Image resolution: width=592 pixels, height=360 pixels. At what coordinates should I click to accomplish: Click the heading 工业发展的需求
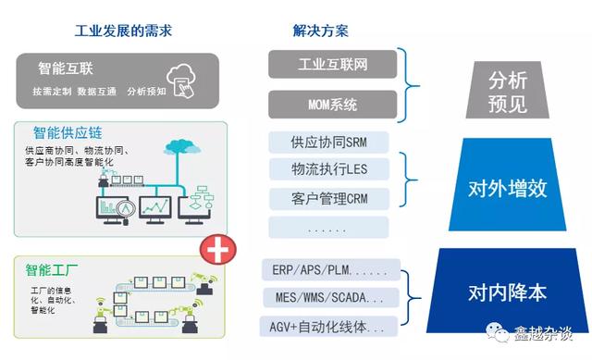pos(123,31)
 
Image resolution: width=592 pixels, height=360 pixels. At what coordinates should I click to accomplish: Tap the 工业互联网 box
pos(333,65)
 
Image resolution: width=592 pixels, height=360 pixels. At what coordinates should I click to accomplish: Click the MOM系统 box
pos(333,104)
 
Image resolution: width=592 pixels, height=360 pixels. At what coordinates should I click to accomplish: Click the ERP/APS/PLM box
pos(331,270)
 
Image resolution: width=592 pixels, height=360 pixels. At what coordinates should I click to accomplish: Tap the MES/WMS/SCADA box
pos(331,298)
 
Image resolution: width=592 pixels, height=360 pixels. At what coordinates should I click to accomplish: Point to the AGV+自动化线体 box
pos(331,326)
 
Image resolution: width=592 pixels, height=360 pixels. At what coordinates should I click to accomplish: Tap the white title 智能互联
pos(65,68)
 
